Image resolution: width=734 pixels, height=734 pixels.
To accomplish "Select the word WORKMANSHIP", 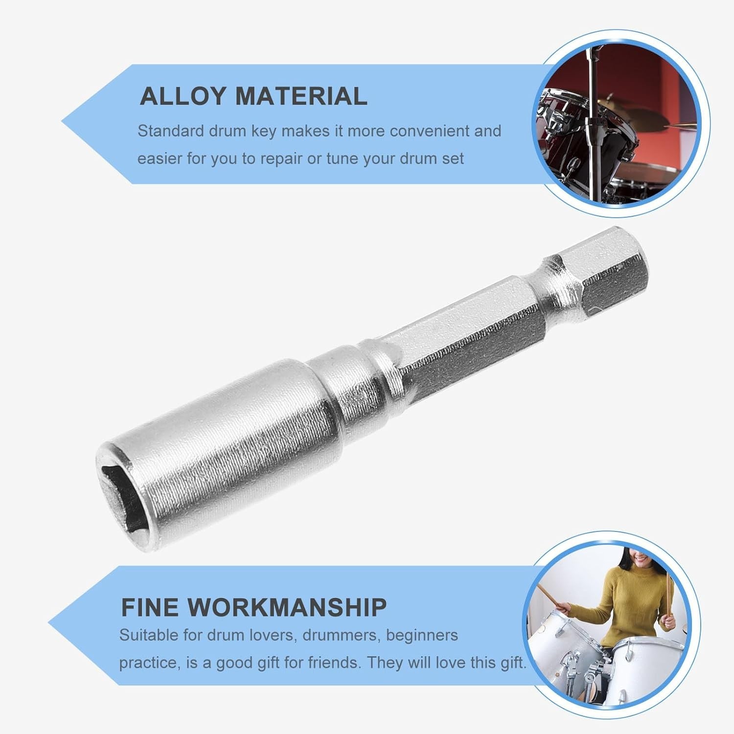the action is [287, 607].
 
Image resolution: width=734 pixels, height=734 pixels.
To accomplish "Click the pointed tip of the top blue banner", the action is [62, 120].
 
